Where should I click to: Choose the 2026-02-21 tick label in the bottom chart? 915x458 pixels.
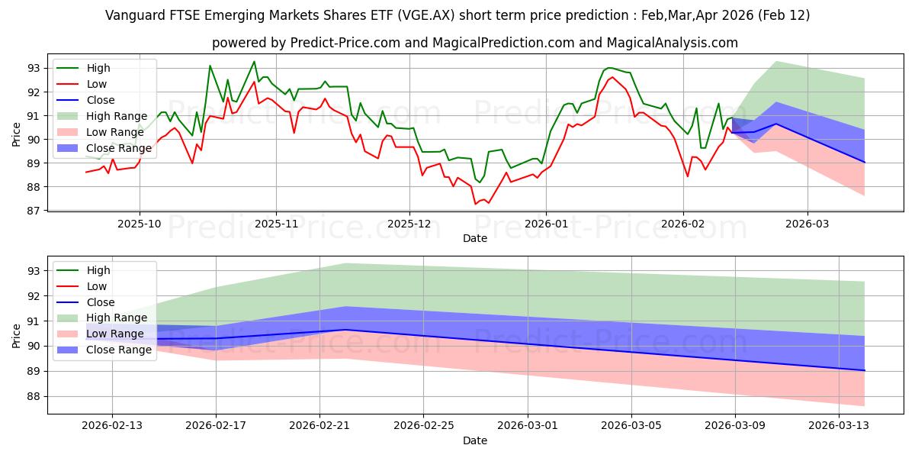(x=319, y=426)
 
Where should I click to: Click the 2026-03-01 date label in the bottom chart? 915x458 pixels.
(x=528, y=426)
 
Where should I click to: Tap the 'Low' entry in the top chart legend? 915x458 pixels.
(x=97, y=84)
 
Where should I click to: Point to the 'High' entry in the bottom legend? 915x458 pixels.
(x=98, y=270)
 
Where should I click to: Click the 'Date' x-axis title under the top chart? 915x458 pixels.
(x=475, y=238)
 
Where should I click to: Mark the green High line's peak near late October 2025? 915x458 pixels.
(x=254, y=62)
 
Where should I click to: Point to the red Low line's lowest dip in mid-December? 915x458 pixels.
(x=476, y=204)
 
